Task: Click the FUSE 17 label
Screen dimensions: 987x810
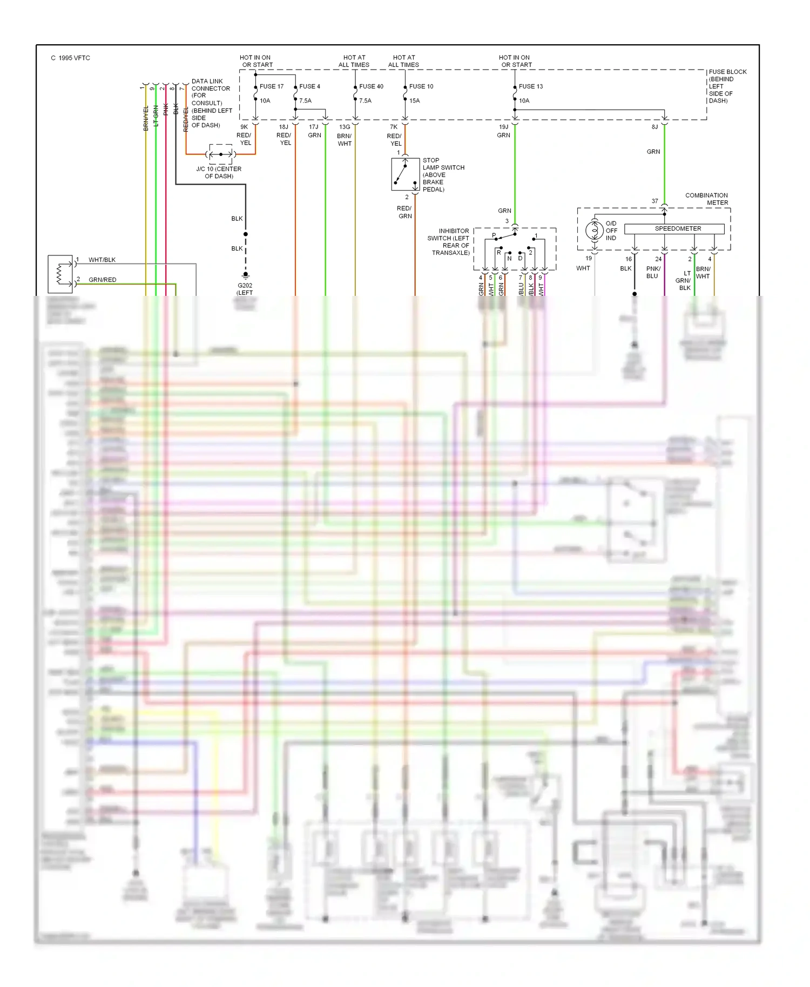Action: point(271,86)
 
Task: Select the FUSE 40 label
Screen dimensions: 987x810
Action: point(371,86)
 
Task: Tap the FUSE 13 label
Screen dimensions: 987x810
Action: point(531,86)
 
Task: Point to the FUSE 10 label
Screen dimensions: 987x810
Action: point(421,86)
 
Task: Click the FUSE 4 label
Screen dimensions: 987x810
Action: point(309,86)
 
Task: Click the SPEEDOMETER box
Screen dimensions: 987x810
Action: point(674,229)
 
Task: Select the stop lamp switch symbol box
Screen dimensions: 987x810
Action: point(406,174)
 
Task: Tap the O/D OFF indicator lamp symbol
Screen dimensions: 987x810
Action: point(595,231)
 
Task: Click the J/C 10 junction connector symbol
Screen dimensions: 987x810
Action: point(221,154)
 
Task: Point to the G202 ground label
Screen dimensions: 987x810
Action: point(245,286)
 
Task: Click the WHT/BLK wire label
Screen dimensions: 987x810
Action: point(102,260)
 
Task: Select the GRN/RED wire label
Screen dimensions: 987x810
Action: point(103,280)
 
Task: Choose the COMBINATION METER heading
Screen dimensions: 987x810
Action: point(706,199)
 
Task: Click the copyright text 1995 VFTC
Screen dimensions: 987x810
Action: point(71,58)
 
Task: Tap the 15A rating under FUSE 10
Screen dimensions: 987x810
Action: point(414,101)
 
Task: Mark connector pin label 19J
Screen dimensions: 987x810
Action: point(503,127)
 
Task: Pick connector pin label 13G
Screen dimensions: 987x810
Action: point(345,127)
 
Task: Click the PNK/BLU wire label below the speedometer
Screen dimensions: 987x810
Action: point(653,272)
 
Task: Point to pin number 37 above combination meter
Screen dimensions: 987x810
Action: point(654,201)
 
